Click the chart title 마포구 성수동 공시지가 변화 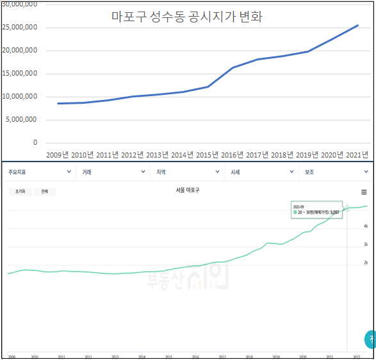pyautogui.click(x=187, y=17)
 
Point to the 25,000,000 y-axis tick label pyautogui.click(x=20, y=28)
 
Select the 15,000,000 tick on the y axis pyautogui.click(x=20, y=74)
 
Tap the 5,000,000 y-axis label pyautogui.click(x=22, y=119)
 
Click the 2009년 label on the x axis pyautogui.click(x=58, y=154)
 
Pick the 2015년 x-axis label pyautogui.click(x=207, y=154)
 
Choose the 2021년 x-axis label pyautogui.click(x=357, y=154)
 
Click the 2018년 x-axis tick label pyautogui.click(x=282, y=154)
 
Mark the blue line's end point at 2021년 pyautogui.click(x=357, y=26)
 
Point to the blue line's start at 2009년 pyautogui.click(x=58, y=103)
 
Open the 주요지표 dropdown pyautogui.click(x=38, y=172)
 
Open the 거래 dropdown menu pyautogui.click(x=113, y=172)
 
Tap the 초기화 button pyautogui.click(x=19, y=192)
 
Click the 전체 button pyautogui.click(x=45, y=192)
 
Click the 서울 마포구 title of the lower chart pyautogui.click(x=188, y=190)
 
